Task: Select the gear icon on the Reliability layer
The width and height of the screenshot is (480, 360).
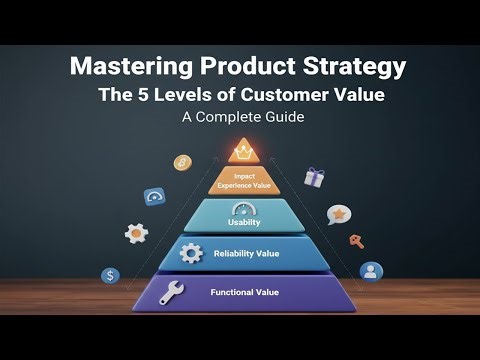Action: [190, 254]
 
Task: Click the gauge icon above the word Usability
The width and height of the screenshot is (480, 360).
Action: [244, 210]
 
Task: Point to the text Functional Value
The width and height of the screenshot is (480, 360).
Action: [245, 292]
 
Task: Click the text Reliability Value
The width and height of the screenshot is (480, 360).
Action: [245, 254]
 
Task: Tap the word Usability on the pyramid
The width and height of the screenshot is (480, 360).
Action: [244, 222]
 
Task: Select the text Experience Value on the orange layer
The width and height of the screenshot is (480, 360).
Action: [244, 185]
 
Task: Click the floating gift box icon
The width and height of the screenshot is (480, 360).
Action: [315, 178]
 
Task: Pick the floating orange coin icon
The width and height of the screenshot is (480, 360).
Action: [182, 162]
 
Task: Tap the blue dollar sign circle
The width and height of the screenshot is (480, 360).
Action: [111, 275]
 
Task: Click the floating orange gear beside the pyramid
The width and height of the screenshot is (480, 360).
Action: [136, 233]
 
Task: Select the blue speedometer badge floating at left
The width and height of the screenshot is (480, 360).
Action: [154, 197]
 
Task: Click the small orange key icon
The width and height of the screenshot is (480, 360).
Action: [356, 241]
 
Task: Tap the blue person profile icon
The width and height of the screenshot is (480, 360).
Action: [371, 271]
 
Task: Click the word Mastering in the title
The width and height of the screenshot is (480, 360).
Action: [134, 69]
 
